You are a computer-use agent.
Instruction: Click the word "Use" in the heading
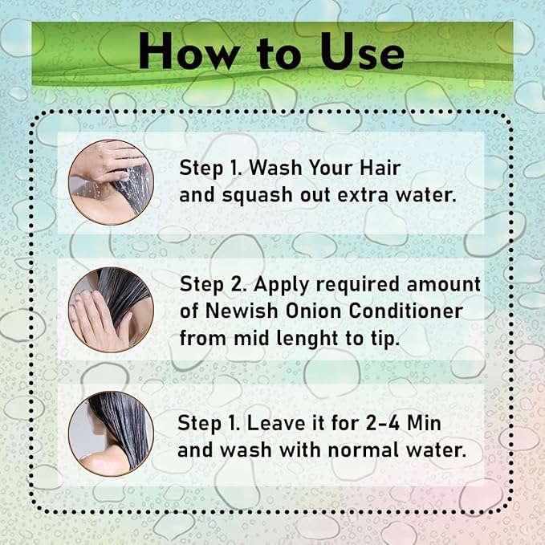click(363, 51)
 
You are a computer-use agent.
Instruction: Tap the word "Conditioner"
click(405, 311)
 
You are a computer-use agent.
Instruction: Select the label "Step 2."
click(213, 285)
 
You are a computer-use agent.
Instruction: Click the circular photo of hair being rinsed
click(112, 182)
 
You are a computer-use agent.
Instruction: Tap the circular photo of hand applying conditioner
click(112, 310)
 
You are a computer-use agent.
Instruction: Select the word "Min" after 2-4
click(424, 423)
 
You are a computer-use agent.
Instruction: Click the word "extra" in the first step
click(363, 194)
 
